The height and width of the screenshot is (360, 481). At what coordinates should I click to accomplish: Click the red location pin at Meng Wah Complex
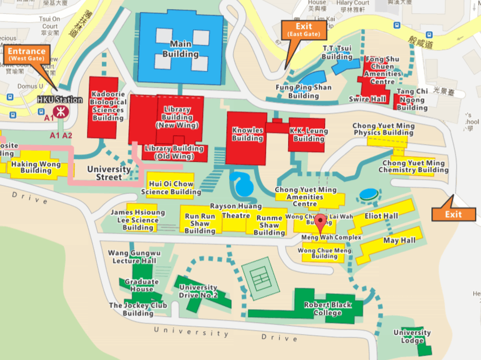(320, 222)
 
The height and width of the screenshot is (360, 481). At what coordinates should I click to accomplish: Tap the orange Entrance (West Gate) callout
(26, 54)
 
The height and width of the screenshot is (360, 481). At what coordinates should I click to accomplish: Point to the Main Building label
(180, 49)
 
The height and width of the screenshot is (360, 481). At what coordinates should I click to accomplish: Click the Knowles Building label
(247, 134)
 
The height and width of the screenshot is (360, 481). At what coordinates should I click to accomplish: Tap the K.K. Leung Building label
(308, 135)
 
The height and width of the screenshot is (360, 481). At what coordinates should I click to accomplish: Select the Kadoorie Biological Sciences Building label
(108, 106)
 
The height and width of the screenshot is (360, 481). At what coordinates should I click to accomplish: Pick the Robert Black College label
(328, 309)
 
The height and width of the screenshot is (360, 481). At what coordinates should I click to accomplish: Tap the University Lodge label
(412, 336)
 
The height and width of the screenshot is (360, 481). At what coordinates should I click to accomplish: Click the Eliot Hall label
(382, 216)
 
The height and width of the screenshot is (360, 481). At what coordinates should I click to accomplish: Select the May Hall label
(399, 241)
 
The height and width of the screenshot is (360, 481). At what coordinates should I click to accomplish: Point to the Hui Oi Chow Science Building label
(171, 188)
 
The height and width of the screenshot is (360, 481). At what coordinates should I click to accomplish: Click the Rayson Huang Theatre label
(236, 211)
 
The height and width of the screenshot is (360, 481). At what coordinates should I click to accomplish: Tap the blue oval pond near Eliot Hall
(368, 194)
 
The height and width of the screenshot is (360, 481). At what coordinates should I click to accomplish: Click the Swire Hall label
(367, 99)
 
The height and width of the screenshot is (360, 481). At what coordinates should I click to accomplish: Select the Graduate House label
(141, 285)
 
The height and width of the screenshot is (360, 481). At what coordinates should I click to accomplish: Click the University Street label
(109, 173)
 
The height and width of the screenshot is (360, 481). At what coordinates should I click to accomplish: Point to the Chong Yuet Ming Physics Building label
(384, 130)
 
